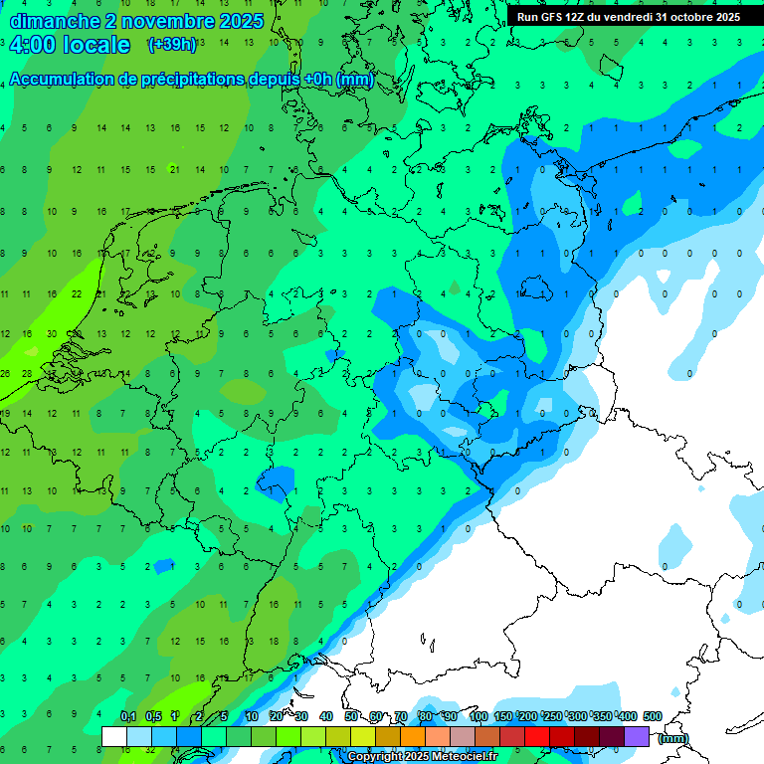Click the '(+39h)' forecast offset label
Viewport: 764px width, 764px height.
pos(171,45)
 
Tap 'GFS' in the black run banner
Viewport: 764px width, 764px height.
pos(551,17)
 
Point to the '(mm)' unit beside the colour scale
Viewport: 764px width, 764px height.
pos(672,738)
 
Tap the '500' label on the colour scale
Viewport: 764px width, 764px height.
pos(652,716)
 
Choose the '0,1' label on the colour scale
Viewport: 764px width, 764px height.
pos(128,716)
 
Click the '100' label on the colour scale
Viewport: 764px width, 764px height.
pos(477,716)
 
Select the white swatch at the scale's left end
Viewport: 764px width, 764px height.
pos(114,736)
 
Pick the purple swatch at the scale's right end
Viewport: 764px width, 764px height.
pos(637,736)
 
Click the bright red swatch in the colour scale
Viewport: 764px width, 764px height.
pos(537,736)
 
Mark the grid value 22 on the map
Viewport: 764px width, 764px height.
pos(78,294)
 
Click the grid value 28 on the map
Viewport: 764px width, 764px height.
pos(28,373)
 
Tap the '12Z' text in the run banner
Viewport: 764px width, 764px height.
pos(575,17)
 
